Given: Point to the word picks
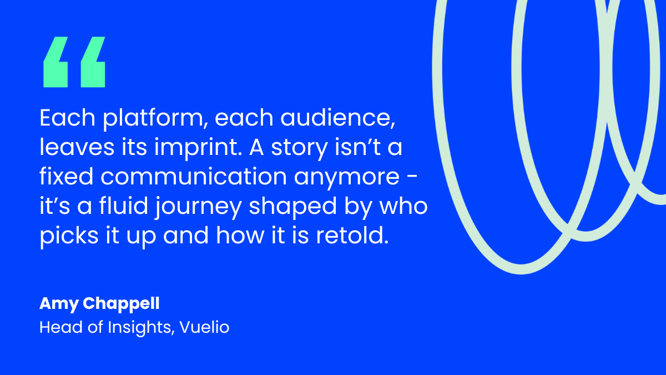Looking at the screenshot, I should [x=65, y=236].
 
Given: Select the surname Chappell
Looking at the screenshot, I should [x=122, y=304].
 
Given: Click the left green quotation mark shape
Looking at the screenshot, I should [x=56, y=62].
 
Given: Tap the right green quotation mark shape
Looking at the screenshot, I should [x=93, y=62].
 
